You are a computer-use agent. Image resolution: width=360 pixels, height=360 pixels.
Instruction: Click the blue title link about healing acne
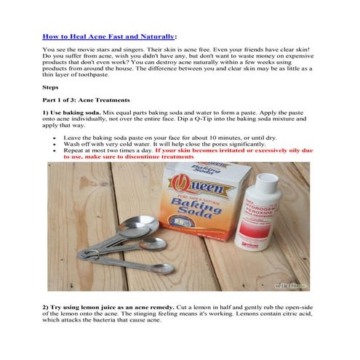(x=109, y=36)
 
